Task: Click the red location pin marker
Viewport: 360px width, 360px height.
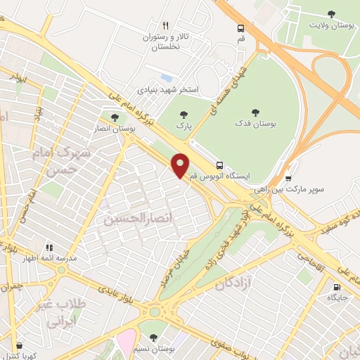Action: (181, 165)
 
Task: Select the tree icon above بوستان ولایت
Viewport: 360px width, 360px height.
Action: (332, 13)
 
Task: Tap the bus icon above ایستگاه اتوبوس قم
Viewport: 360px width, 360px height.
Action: (221, 164)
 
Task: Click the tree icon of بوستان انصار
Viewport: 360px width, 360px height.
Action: (115, 117)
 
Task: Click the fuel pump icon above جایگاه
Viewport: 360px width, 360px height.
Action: (337, 287)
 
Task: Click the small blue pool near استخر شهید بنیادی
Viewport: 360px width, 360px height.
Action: (167, 77)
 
